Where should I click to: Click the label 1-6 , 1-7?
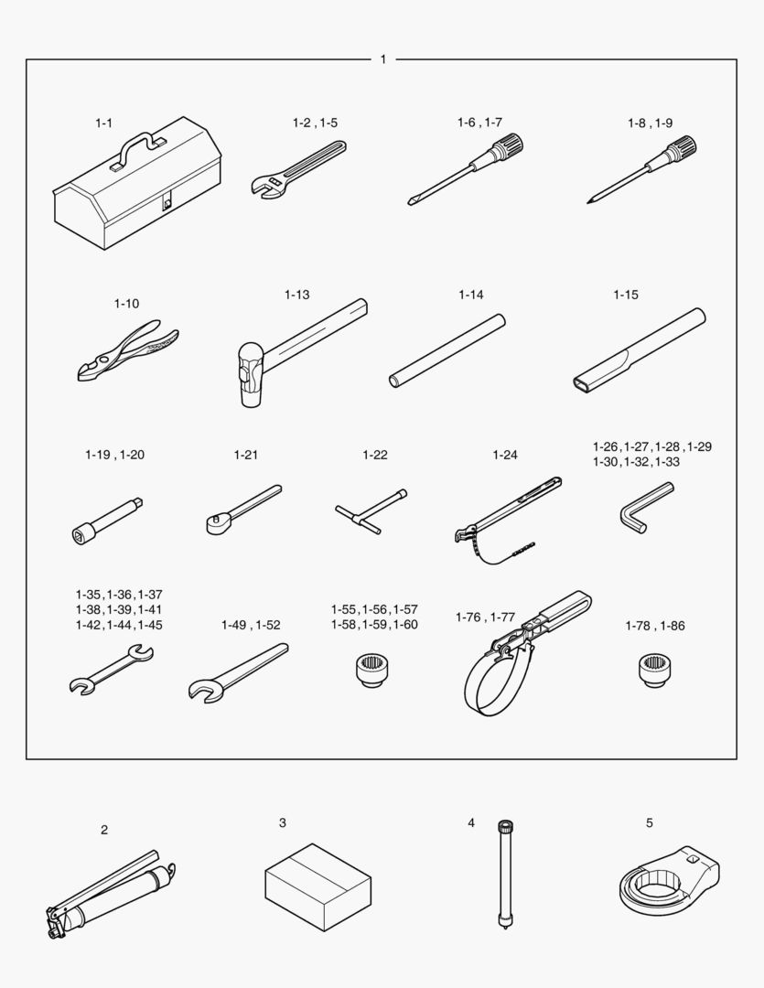coord(479,123)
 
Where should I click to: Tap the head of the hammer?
coord(251,375)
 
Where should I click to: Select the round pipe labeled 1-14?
coord(447,350)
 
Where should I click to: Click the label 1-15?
coord(626,295)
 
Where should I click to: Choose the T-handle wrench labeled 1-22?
coord(371,511)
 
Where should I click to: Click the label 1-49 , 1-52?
coord(251,625)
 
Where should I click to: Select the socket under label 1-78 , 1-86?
coord(655,670)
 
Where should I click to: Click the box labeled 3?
coord(317,887)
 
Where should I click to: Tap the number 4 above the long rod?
coord(471,823)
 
